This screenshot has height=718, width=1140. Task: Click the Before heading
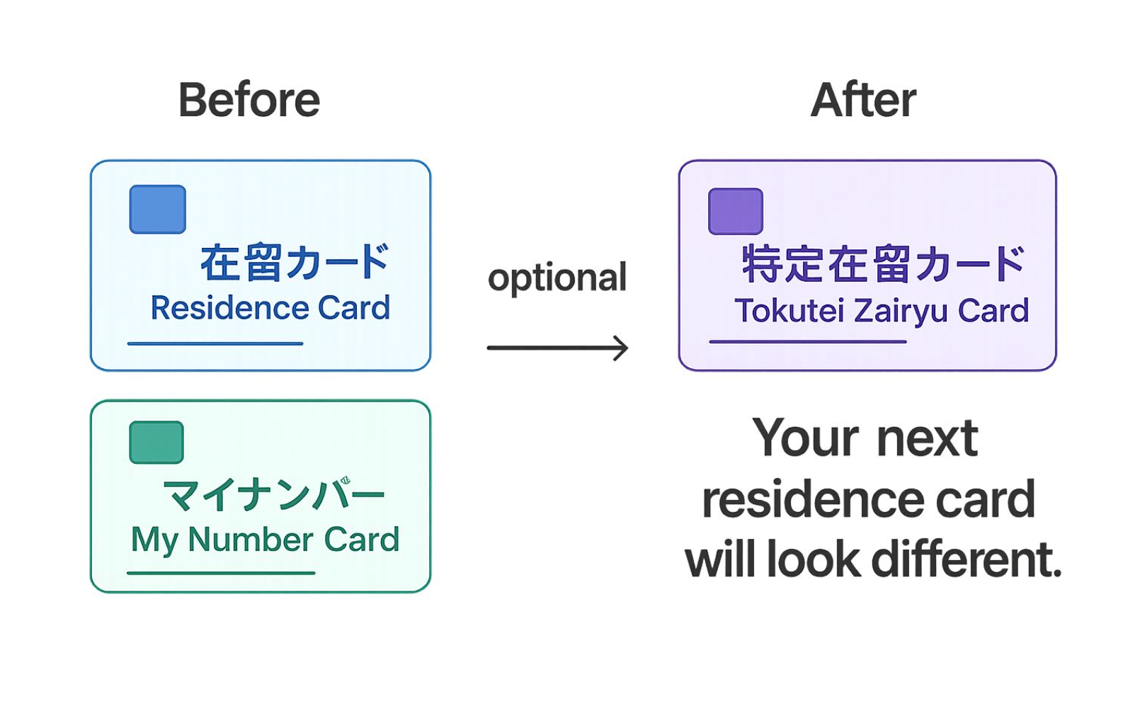(249, 101)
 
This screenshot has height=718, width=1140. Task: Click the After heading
(863, 101)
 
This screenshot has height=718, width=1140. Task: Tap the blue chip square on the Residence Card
(158, 209)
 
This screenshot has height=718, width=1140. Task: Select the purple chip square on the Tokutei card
(736, 211)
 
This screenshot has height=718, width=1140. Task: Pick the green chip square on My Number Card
(156, 442)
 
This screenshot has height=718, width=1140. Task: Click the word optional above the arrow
(557, 278)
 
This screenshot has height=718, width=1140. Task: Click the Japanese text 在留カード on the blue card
(295, 263)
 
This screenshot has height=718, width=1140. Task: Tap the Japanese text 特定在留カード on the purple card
(883, 263)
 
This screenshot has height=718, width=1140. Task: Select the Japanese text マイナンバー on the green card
(273, 494)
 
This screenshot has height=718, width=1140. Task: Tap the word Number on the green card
(251, 540)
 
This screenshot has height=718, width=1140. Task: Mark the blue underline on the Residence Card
(215, 344)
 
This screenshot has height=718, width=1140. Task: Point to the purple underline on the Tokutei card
(808, 342)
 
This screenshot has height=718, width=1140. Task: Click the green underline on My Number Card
(221, 573)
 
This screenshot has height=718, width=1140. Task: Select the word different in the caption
(967, 560)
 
